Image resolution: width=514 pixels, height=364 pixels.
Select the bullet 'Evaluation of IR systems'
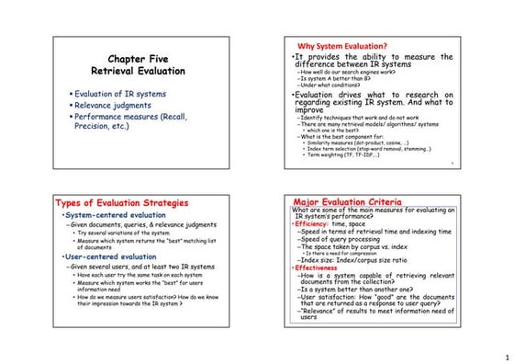119,94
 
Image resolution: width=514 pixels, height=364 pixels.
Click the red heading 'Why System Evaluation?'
342,47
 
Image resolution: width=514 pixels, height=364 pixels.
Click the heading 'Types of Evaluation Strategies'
122,203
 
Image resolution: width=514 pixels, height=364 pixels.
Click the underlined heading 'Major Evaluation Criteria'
347,201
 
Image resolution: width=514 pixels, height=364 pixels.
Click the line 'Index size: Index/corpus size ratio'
359,261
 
